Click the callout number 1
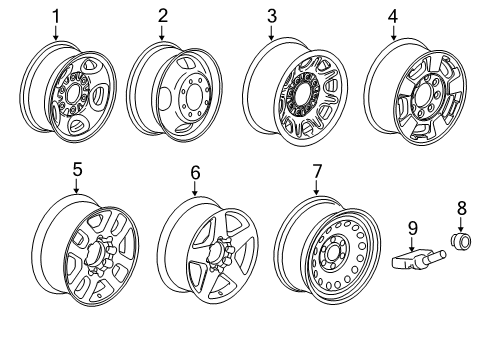[56, 15]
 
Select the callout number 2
[163, 15]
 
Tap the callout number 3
[272, 15]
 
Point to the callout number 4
[392, 15]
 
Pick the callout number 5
[76, 171]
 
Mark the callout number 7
[317, 171]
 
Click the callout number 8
[461, 237]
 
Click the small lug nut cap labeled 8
[461, 272]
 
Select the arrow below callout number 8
[461, 252]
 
